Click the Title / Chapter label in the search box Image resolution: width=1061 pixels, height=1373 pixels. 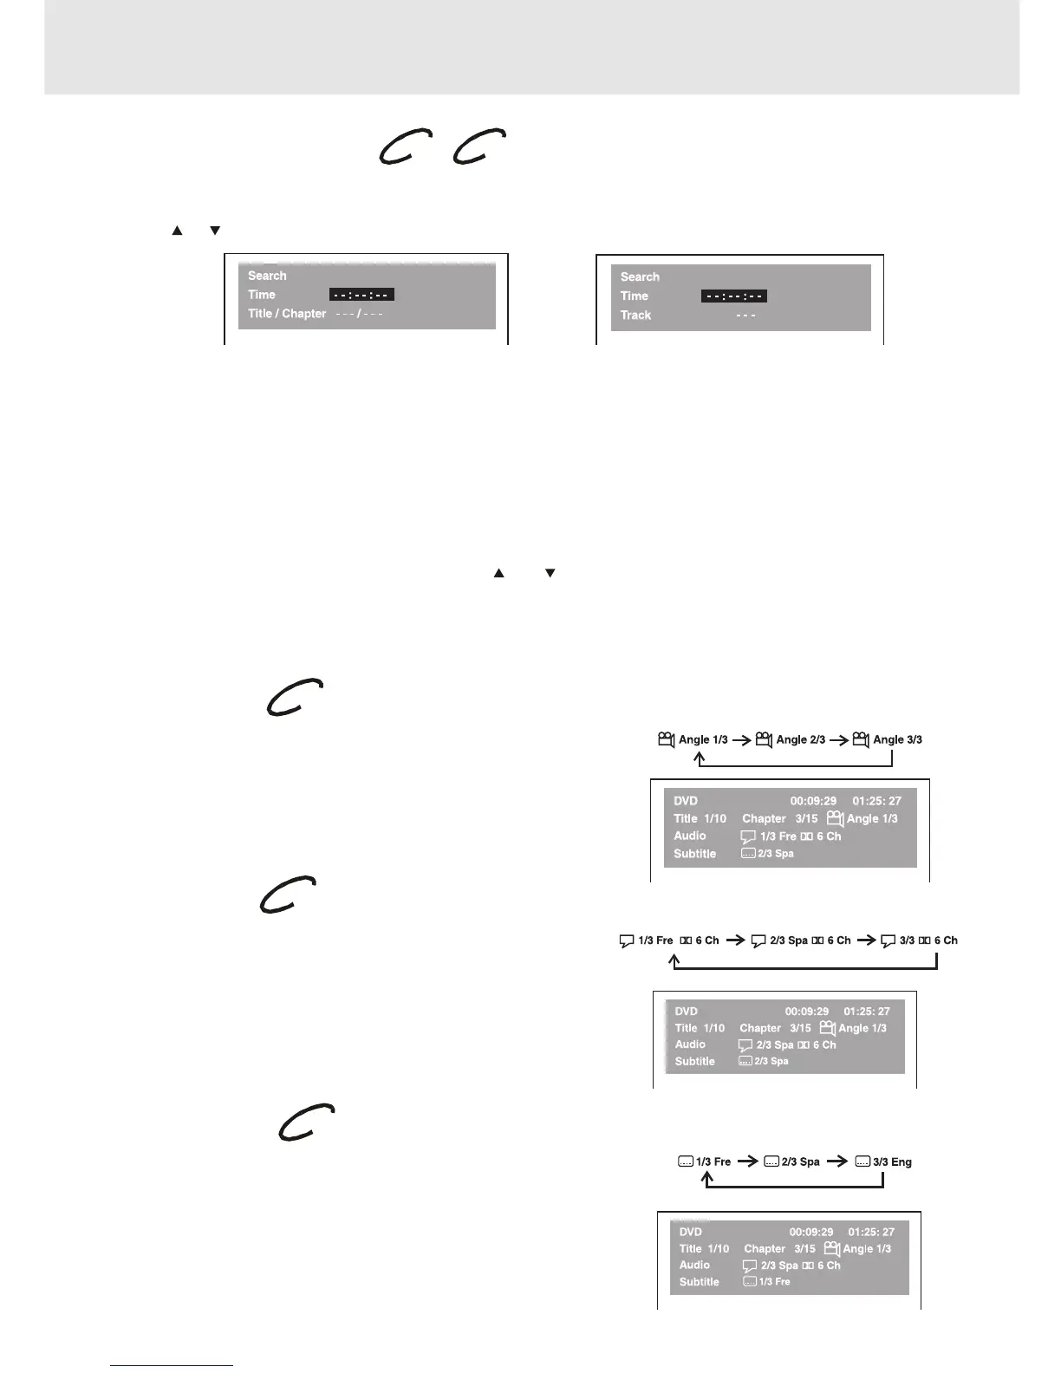287,314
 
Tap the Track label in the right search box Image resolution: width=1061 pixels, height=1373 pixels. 635,316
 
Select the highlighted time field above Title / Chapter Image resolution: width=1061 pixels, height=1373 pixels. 361,295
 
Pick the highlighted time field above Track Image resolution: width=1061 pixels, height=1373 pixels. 733,296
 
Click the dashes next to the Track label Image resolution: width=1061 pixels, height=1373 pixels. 745,316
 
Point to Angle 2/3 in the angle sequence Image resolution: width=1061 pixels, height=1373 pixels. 800,739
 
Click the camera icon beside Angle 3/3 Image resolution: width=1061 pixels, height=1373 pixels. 861,739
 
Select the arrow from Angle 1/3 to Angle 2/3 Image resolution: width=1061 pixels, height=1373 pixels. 741,740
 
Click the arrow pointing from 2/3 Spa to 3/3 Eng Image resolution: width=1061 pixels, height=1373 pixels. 837,1162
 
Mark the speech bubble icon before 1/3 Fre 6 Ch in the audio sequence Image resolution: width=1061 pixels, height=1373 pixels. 627,941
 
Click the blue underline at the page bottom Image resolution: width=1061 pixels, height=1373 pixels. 172,1366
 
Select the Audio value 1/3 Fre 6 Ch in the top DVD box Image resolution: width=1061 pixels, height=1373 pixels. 799,836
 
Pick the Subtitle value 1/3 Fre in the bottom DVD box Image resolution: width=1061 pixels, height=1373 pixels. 774,1282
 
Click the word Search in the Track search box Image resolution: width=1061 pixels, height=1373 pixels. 640,277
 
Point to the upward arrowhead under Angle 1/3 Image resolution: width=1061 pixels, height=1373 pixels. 700,758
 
